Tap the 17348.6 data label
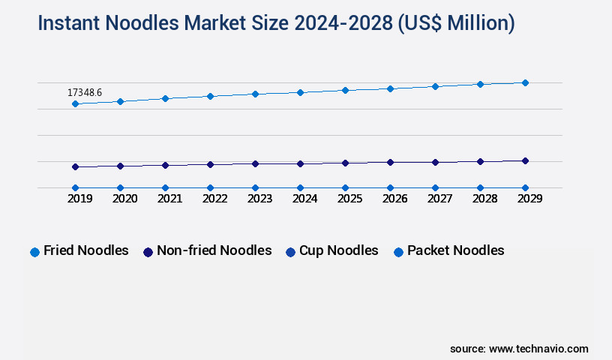click(x=85, y=92)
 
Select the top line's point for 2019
click(x=75, y=103)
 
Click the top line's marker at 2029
click(x=525, y=82)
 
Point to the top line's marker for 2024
click(x=300, y=92)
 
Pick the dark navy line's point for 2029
click(x=525, y=160)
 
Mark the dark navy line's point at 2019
click(x=75, y=166)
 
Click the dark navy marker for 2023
click(x=255, y=163)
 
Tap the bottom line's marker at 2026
click(x=390, y=187)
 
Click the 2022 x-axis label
click(x=214, y=199)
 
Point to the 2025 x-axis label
click(x=349, y=199)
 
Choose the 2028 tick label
click(x=484, y=199)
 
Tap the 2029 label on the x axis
click(x=529, y=199)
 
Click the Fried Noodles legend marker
click(x=34, y=252)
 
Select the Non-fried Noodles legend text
click(x=214, y=250)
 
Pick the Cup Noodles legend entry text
click(x=338, y=250)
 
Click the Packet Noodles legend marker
click(x=398, y=252)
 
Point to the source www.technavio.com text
click(x=519, y=349)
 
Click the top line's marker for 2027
click(x=435, y=86)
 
